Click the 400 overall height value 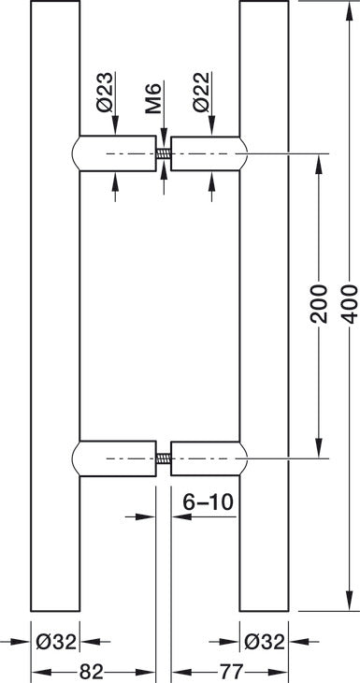349,305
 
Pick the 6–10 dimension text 208,501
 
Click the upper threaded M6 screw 163,154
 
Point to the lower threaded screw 163,458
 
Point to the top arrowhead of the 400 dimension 349,7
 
